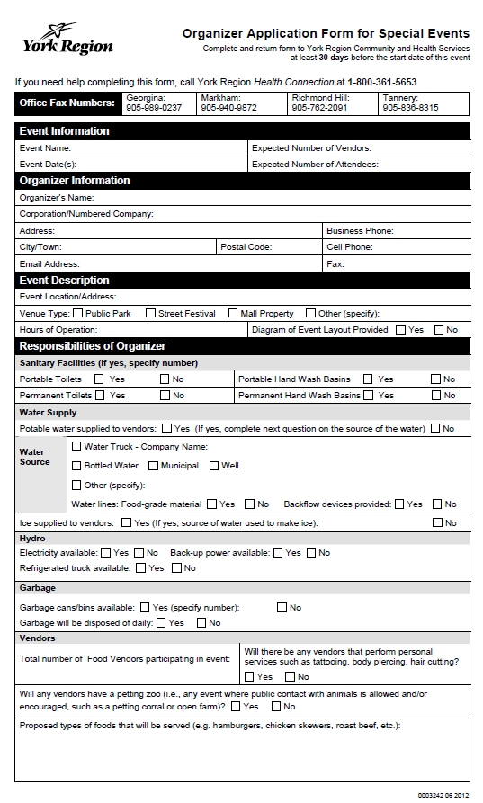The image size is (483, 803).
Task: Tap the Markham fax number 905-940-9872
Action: tap(228, 108)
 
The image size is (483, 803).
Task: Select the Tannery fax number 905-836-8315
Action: tap(410, 108)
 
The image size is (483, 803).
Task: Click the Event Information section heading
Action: tap(65, 131)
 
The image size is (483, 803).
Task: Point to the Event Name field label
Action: tap(45, 147)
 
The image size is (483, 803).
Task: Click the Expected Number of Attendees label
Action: tap(315, 165)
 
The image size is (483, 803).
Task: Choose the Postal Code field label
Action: tap(246, 246)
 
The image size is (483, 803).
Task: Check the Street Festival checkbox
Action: tap(150, 313)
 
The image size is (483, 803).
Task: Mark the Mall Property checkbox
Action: tap(232, 313)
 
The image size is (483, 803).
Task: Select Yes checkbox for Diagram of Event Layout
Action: tap(400, 330)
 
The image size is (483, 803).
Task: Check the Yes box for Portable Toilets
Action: tap(99, 379)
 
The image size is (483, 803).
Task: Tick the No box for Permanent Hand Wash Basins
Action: tap(435, 396)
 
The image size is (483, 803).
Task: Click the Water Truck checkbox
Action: tap(76, 446)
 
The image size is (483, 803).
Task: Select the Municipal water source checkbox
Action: tap(153, 466)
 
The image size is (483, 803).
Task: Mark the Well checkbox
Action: tap(214, 466)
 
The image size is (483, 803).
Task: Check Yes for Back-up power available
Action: tap(278, 552)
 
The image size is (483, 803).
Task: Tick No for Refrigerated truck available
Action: tap(176, 568)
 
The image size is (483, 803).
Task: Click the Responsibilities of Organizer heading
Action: tap(93, 346)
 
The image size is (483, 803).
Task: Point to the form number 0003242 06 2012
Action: tap(443, 795)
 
